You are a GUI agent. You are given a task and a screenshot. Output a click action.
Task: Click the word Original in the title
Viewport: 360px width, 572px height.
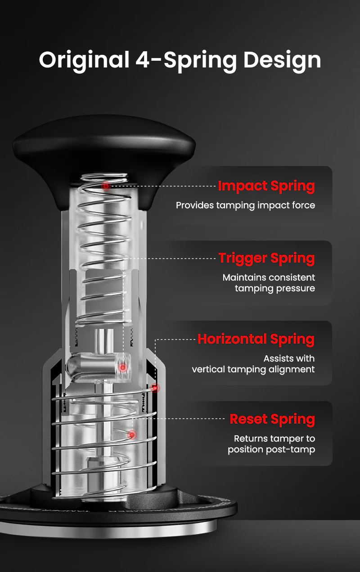(84, 60)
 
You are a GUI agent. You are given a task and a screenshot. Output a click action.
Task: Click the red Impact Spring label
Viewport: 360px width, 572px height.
(266, 186)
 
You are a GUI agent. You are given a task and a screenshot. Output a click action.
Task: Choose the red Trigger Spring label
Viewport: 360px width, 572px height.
(266, 259)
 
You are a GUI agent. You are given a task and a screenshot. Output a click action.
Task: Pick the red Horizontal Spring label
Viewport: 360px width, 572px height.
(256, 339)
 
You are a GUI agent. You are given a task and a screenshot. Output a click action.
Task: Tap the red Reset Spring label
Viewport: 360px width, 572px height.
(272, 420)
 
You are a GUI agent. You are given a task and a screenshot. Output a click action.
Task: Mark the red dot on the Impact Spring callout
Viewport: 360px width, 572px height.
(106, 186)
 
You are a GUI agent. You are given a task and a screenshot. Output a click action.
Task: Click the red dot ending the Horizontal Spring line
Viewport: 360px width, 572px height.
(156, 388)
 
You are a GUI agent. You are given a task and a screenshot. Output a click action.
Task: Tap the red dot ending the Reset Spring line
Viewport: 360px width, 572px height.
(132, 434)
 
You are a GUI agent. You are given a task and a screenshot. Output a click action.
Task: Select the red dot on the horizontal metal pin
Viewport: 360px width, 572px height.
(122, 367)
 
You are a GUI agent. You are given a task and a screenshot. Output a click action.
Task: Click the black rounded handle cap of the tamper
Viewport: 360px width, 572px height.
(103, 148)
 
